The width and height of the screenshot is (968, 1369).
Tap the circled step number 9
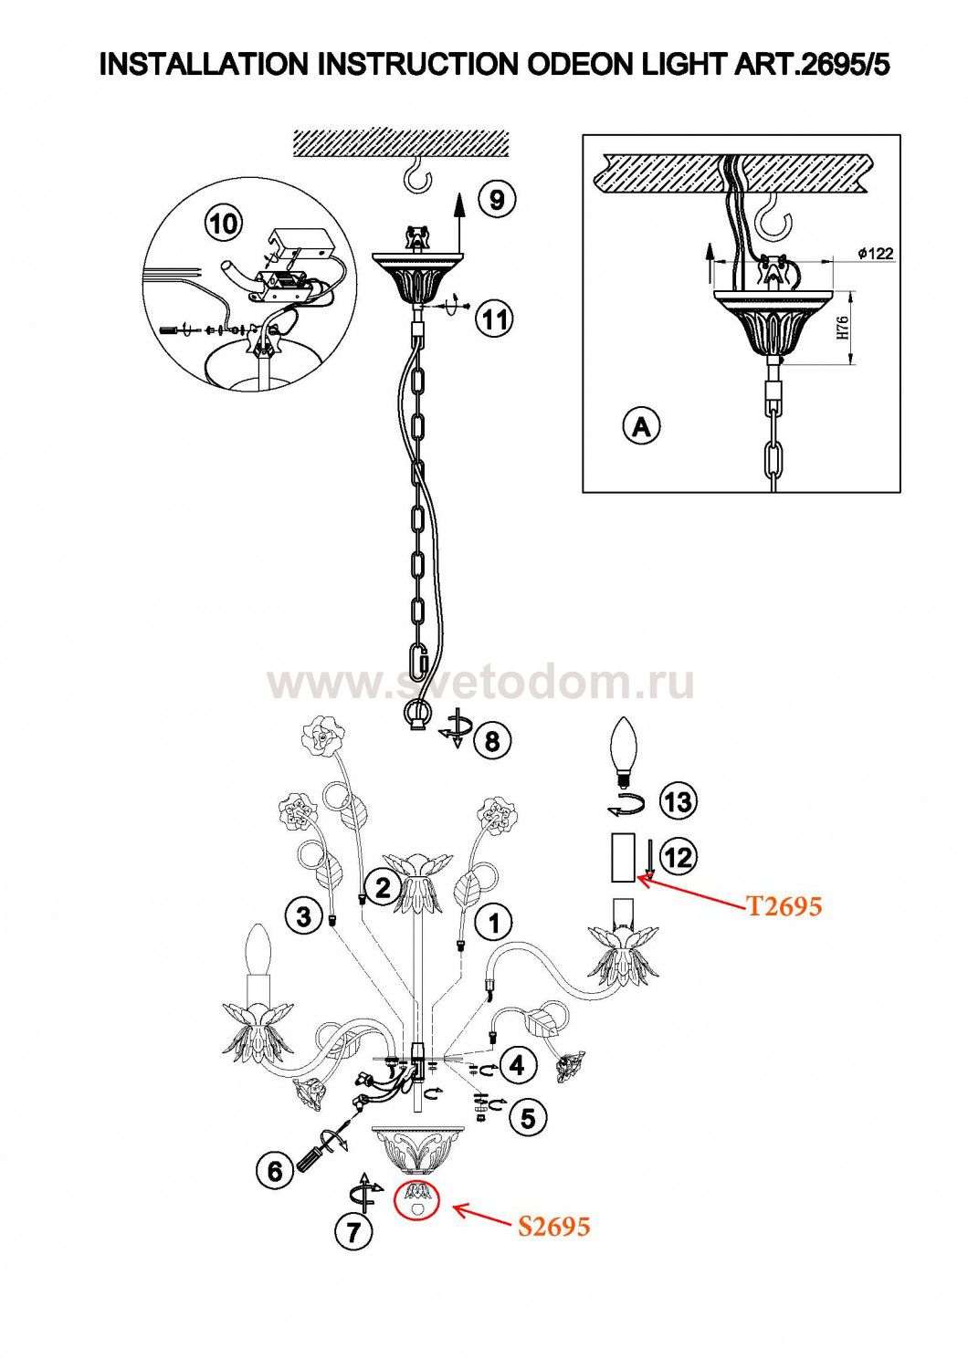click(497, 199)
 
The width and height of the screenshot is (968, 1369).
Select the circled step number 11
click(495, 319)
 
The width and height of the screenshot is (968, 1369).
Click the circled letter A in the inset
click(641, 426)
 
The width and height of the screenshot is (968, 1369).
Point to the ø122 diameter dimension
click(875, 254)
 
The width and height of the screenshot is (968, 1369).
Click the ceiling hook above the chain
click(418, 174)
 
